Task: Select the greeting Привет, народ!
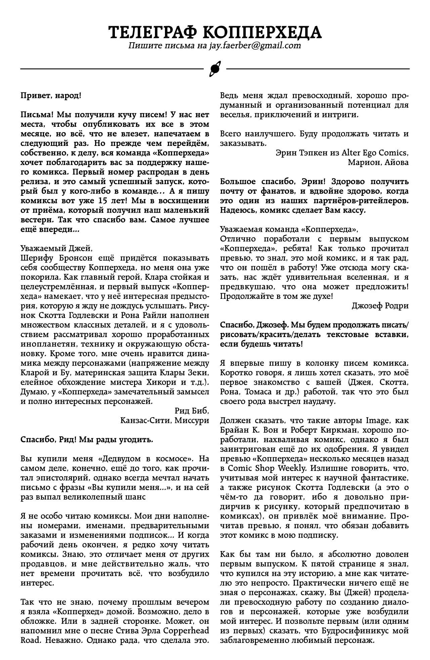[51, 96]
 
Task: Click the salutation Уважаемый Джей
[56, 248]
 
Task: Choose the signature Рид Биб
[192, 410]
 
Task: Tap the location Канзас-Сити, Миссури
[164, 420]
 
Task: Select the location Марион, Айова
[378, 162]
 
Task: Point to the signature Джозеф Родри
[380, 306]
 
